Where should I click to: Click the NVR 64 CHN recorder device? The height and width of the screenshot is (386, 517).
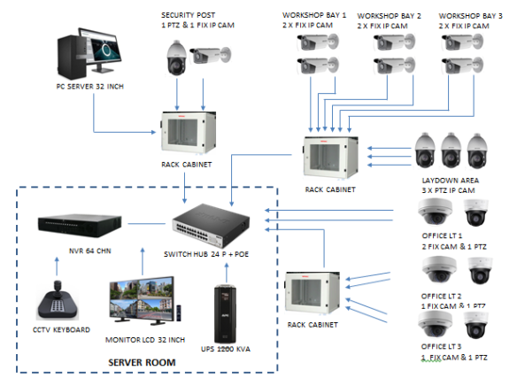[x=80, y=226]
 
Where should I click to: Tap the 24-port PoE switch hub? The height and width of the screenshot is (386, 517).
[x=211, y=226]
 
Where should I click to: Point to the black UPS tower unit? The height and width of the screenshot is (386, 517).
[x=225, y=314]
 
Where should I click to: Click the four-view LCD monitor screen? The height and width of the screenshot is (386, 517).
[x=142, y=298]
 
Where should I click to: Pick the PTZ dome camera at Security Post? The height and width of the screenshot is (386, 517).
[x=176, y=58]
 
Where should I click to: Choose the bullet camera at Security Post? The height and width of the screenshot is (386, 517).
[x=211, y=55]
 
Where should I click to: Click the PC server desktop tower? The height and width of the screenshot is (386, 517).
[x=73, y=57]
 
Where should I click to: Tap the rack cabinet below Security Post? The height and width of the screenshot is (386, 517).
[x=189, y=133]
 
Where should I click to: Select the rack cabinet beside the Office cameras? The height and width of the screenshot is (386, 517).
[x=312, y=293]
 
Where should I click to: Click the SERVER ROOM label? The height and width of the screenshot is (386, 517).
[x=142, y=363]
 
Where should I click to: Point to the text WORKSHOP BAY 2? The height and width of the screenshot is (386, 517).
[x=389, y=16]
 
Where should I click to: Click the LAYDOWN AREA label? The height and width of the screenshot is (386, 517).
[x=451, y=181]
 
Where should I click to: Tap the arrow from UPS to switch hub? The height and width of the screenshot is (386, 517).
[x=227, y=273]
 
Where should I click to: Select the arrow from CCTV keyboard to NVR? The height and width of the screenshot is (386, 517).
[x=57, y=266]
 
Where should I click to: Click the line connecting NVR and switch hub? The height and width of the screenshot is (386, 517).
[x=146, y=224]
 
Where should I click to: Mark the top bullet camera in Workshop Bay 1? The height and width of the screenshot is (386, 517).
[x=318, y=42]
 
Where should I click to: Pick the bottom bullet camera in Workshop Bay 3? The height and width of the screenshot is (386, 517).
[x=462, y=66]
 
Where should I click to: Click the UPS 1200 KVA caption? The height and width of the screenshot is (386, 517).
[x=226, y=349]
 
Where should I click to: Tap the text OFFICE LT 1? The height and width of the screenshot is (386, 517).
[x=442, y=235]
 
